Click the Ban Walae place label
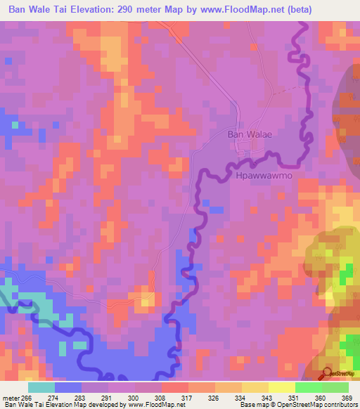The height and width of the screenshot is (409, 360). pos(245,133)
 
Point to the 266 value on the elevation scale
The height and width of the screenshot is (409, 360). pos(27,398)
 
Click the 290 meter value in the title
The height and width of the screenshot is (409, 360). pos(153,9)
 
